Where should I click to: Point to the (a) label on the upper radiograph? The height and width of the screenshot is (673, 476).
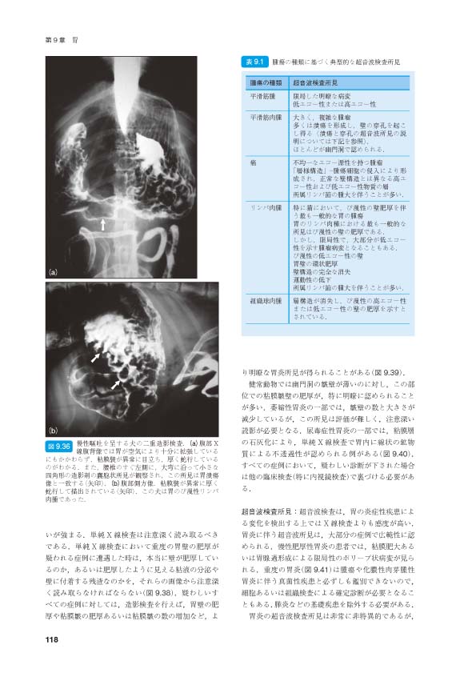pyautogui.click(x=54, y=271)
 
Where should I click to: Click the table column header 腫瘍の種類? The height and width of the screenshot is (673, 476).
pyautogui.click(x=265, y=82)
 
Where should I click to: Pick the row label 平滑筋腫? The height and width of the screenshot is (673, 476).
pyautogui.click(x=262, y=95)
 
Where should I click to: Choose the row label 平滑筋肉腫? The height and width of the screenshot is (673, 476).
pyautogui.click(x=265, y=118)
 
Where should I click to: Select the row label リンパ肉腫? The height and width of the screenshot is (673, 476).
pyautogui.click(x=265, y=206)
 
